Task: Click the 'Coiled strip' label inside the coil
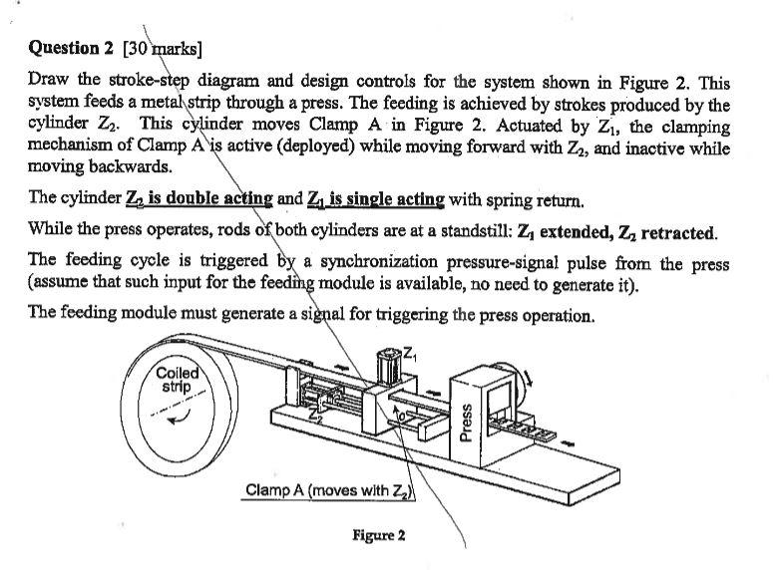point(177,380)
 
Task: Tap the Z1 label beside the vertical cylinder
point(410,349)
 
